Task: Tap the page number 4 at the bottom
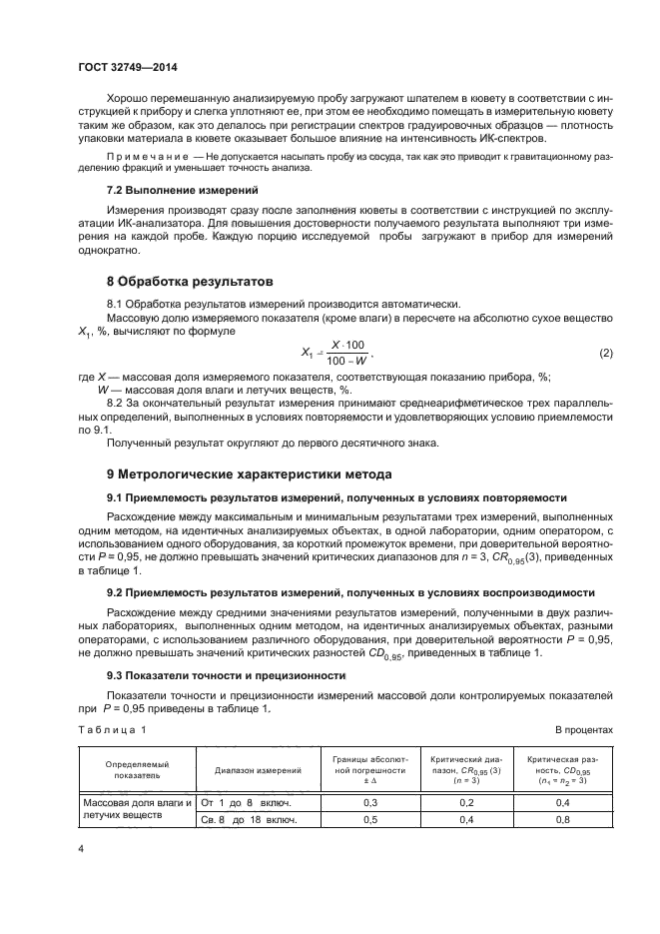(82, 847)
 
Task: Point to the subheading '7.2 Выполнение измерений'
(169, 189)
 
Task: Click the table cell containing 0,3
(368, 802)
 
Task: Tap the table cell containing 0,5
(368, 820)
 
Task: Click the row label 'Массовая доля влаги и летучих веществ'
(137, 810)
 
